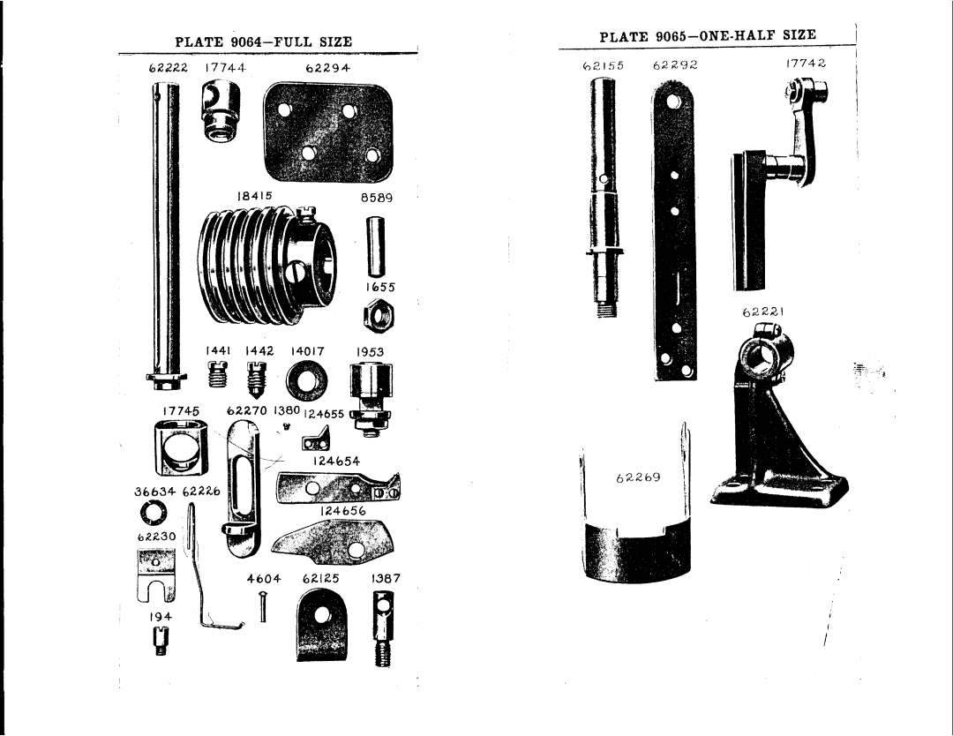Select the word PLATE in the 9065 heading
click(624, 37)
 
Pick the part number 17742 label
click(806, 64)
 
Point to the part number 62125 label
click(321, 579)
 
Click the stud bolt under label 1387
click(381, 627)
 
